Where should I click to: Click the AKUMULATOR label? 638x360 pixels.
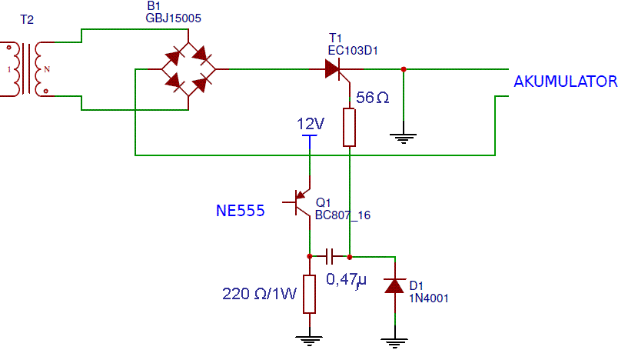tap(566, 82)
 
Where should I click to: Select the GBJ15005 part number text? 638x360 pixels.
tap(173, 18)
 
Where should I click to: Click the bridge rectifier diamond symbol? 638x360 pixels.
tap(188, 69)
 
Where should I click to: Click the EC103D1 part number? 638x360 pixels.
tap(353, 51)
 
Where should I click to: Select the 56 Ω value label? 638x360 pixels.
tap(372, 98)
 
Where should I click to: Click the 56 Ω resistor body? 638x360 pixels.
tap(349, 128)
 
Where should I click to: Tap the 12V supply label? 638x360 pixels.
tap(311, 124)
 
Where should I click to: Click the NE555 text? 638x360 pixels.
tap(240, 211)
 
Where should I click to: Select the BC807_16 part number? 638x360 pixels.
tap(343, 215)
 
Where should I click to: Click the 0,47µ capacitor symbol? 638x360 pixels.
tap(330, 257)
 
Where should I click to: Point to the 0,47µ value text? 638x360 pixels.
tap(346, 280)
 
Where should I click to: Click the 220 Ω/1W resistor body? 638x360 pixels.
tap(309, 294)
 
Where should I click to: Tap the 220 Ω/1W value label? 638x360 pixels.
tap(259, 294)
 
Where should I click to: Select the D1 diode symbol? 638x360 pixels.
tap(394, 286)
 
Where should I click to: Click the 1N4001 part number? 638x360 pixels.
tap(428, 298)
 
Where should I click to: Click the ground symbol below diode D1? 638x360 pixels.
tap(394, 343)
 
